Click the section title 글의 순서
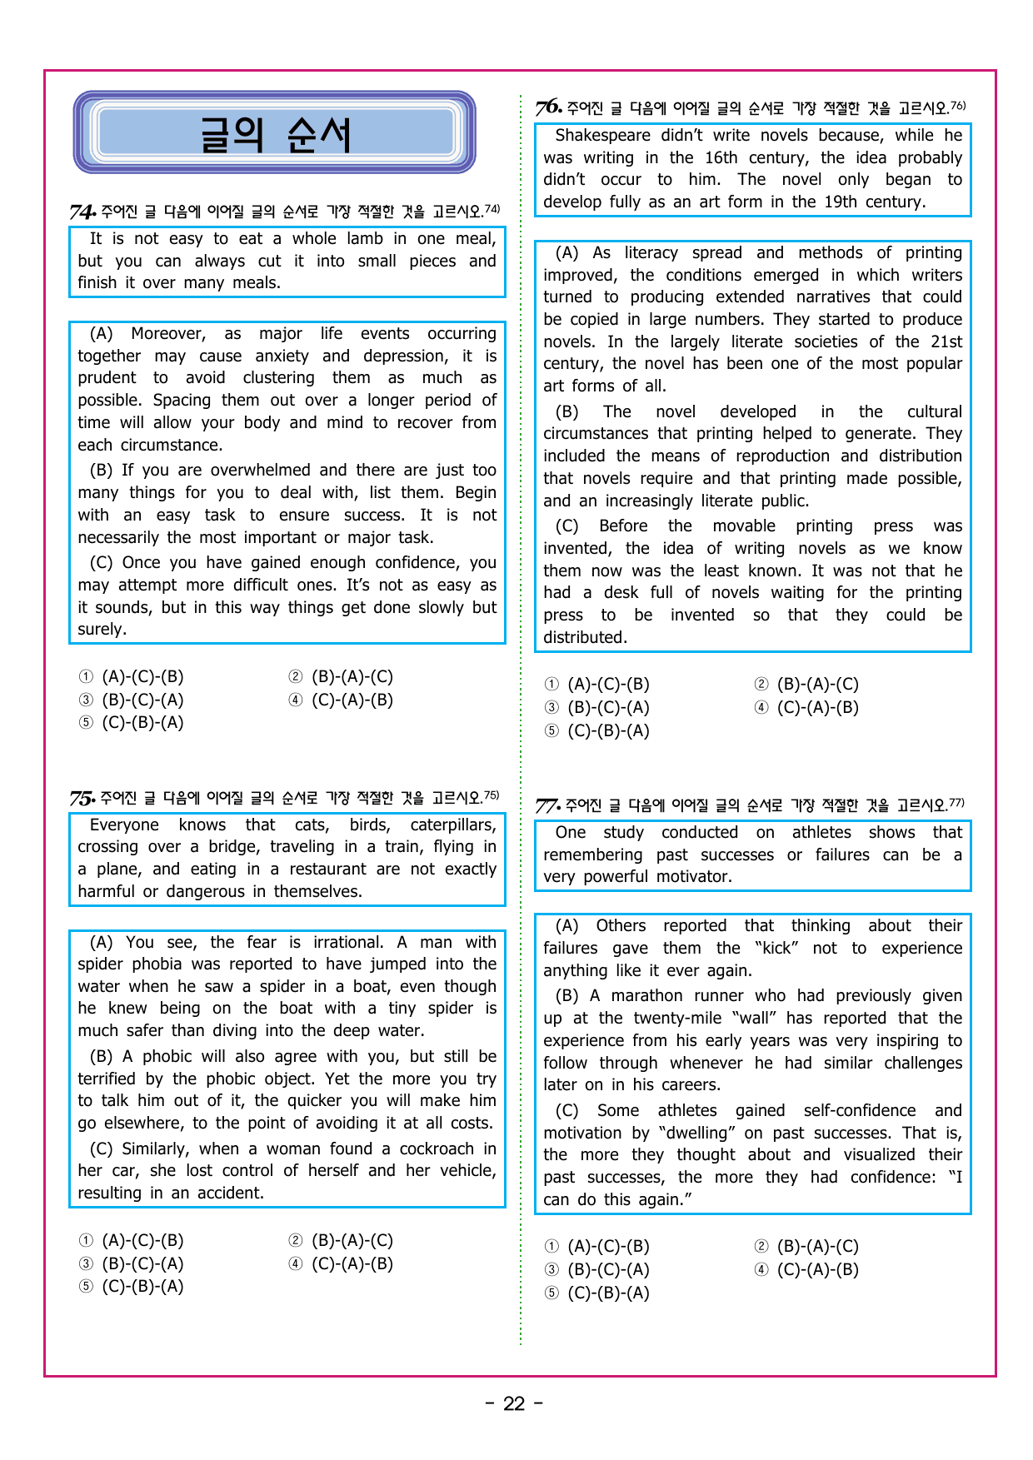pos(275,134)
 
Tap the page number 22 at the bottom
pos(514,1404)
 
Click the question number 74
pos(82,212)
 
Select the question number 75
pos(82,799)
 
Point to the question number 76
pos(548,108)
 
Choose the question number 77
pos(547,805)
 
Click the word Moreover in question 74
pos(168,334)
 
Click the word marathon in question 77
pos(646,996)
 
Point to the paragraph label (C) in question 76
pos(566,526)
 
